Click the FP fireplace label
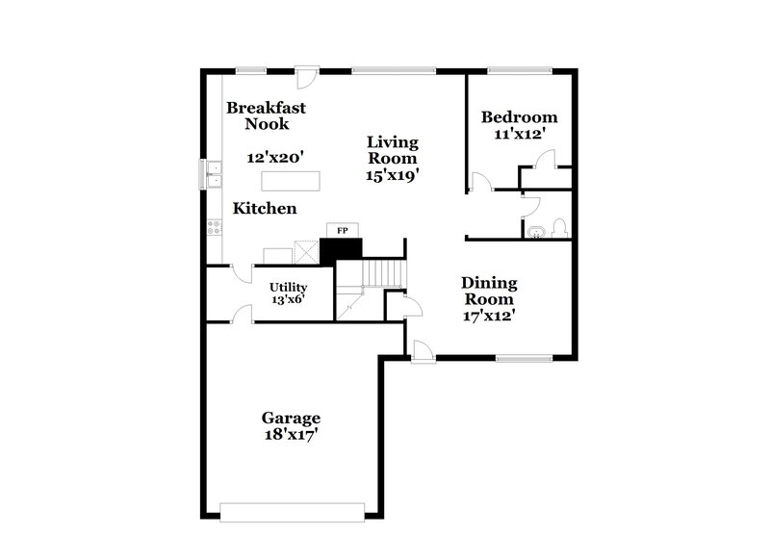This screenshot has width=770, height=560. click(341, 231)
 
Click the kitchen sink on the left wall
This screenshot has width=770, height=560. click(211, 174)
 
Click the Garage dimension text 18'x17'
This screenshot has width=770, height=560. click(291, 435)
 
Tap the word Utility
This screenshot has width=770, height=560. click(288, 287)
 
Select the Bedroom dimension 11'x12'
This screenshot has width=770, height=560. click(520, 136)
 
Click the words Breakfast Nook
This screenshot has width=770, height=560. click(267, 115)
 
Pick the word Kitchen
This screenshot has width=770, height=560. click(265, 208)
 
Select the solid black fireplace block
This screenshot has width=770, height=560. click(340, 249)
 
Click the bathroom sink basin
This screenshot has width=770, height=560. click(536, 230)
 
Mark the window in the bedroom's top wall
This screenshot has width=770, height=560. click(518, 68)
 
